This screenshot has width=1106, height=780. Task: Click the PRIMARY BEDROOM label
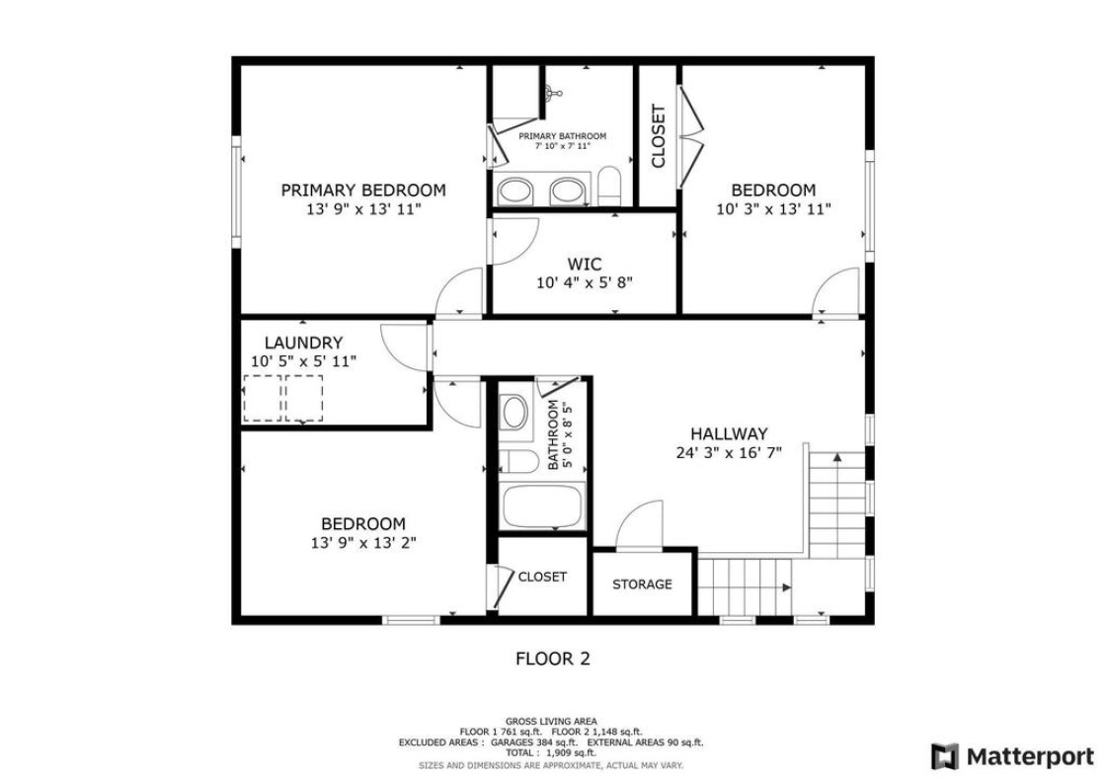coord(363,191)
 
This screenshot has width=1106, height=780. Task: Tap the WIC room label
coord(585,265)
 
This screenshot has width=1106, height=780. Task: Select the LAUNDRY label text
coord(303,343)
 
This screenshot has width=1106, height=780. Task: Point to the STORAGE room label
coord(642,585)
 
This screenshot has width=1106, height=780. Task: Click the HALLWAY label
coord(729,434)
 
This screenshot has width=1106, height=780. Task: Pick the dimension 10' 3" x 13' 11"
coord(774,209)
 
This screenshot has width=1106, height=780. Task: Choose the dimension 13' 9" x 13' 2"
coord(363,543)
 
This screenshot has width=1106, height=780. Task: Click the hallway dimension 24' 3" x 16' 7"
coord(729,453)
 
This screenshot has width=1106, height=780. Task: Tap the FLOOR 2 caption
coord(553,660)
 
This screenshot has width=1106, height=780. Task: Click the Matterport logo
coord(1012,756)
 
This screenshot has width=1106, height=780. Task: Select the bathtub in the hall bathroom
coord(543,506)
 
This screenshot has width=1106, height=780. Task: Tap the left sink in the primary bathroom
coord(515,191)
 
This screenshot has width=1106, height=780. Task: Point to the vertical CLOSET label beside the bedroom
coord(658,136)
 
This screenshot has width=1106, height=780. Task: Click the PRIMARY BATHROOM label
coord(562,136)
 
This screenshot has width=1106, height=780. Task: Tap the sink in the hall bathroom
coord(514,411)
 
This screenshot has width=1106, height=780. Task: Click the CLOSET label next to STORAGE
coord(542,577)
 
